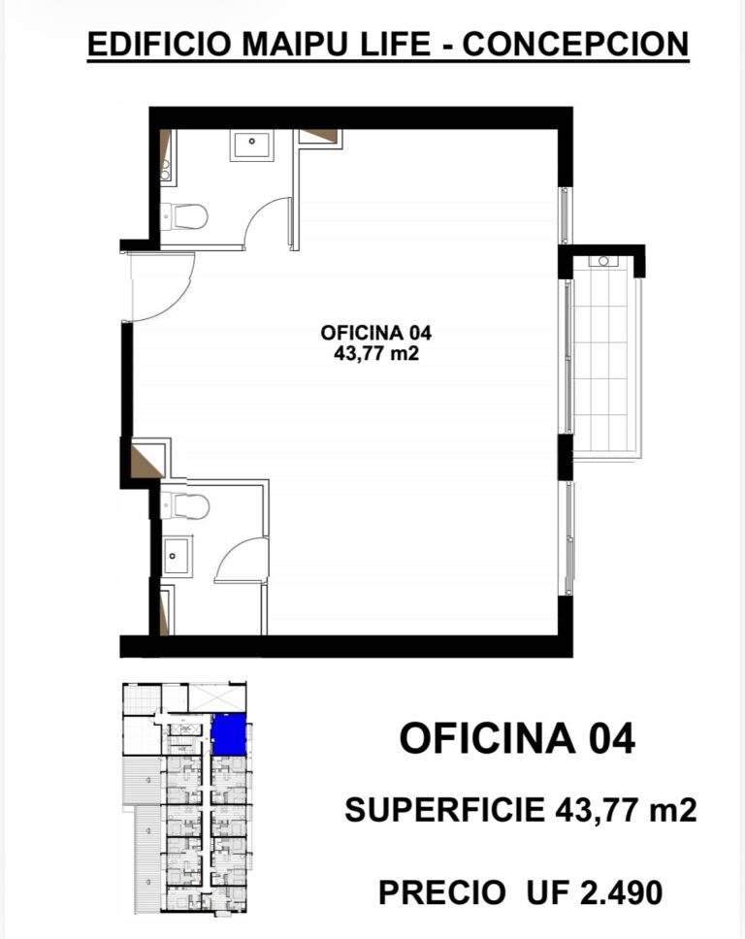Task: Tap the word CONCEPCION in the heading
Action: [575, 44]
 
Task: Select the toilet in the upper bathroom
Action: [184, 216]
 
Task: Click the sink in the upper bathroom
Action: [251, 146]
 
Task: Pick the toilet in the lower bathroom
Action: [185, 506]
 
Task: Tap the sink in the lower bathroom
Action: [178, 557]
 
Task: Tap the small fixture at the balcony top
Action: [603, 261]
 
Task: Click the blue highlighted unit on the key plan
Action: [229, 734]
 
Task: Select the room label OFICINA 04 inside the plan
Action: [376, 333]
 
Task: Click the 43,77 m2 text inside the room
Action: [376, 353]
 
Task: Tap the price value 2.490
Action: [622, 892]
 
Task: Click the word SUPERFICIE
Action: [444, 810]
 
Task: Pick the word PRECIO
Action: [442, 892]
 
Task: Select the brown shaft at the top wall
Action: [318, 136]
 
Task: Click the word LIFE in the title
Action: [395, 44]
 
